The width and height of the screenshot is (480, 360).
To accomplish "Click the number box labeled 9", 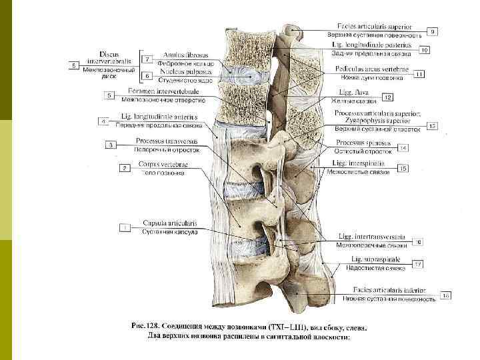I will (433, 31).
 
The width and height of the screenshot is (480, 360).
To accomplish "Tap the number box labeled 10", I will (424, 49).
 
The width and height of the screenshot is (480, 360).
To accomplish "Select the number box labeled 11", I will (419, 74).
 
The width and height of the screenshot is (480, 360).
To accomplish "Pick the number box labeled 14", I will (404, 147).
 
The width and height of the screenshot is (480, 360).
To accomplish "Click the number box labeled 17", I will (418, 265).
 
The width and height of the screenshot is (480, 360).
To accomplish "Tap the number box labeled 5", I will (109, 96).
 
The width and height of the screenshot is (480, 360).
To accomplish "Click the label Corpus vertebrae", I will (164, 164).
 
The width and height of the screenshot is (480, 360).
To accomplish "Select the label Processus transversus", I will (163, 141).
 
